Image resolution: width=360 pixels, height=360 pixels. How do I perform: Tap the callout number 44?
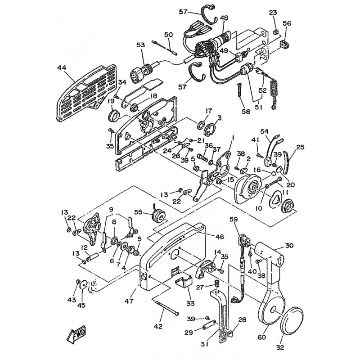click(x=62, y=68)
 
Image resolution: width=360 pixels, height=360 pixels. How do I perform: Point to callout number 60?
click(x=262, y=337)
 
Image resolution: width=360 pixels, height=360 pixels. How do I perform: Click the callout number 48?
click(x=224, y=18)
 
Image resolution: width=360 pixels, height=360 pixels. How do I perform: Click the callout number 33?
click(x=190, y=303)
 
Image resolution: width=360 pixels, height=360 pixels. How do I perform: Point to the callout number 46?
click(x=220, y=237)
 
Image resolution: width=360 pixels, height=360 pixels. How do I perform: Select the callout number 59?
click(x=234, y=220)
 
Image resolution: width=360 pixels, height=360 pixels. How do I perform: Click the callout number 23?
click(x=273, y=13)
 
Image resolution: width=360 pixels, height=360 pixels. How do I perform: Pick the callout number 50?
click(x=168, y=35)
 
